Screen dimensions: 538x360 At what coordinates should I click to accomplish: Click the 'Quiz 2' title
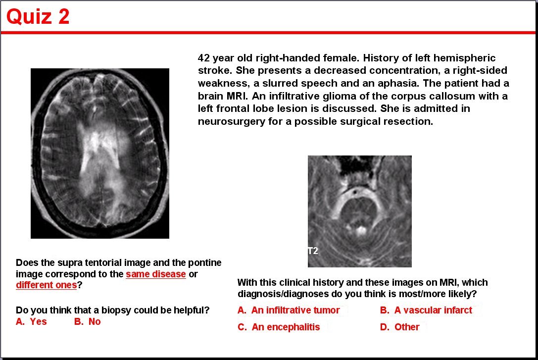(38, 16)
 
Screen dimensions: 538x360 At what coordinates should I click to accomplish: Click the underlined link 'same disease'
(156, 274)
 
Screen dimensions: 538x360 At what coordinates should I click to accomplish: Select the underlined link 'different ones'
(47, 285)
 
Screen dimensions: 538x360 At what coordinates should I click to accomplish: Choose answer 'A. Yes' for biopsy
(31, 321)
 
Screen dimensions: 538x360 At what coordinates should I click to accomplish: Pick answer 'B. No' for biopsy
(88, 321)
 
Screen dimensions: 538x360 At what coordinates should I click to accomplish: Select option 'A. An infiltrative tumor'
(289, 310)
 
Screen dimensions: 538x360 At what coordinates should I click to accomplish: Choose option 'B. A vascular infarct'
(426, 310)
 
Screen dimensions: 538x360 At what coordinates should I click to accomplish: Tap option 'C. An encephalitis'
(279, 327)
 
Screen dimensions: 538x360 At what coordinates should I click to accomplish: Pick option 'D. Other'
(400, 327)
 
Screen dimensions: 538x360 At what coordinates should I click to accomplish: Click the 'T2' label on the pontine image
(313, 251)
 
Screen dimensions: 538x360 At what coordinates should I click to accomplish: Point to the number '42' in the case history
(204, 57)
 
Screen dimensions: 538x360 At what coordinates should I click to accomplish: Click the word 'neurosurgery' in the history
(228, 121)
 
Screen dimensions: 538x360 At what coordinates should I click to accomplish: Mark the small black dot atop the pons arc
(355, 192)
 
